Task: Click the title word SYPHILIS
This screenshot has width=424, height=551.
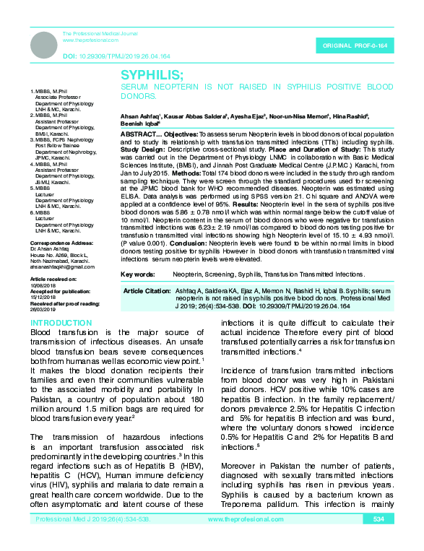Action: (153, 75)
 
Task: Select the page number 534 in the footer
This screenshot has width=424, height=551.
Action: (378, 539)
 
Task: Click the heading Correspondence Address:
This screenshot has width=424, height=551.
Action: (56, 245)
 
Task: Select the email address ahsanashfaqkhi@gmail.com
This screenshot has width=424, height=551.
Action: (57, 267)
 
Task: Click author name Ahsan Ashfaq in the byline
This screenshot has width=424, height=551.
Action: (140, 116)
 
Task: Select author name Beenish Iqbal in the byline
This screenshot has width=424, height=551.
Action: (139, 123)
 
